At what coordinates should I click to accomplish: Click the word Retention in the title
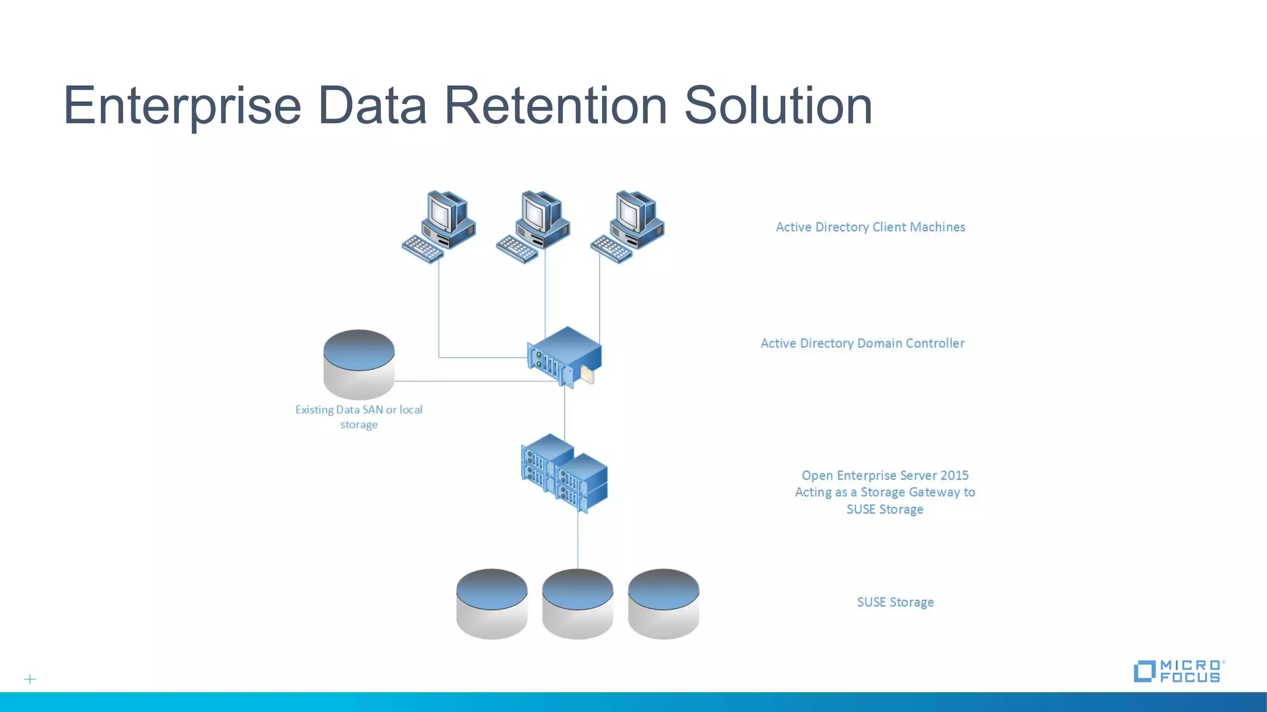[555, 106]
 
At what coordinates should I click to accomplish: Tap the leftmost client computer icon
[440, 226]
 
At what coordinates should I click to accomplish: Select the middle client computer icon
[534, 226]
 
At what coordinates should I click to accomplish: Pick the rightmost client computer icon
[628, 226]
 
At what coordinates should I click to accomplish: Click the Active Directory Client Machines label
[870, 227]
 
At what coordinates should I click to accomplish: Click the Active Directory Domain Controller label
[862, 343]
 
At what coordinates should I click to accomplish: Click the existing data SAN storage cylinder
[359, 364]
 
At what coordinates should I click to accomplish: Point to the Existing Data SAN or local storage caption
[359, 417]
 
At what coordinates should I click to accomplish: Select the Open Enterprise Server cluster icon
[564, 473]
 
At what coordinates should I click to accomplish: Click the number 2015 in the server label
[954, 475]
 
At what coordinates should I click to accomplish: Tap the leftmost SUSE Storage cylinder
[492, 603]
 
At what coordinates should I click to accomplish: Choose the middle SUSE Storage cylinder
[578, 603]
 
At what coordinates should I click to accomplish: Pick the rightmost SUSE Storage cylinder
[663, 603]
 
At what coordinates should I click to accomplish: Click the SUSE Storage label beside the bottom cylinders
[895, 602]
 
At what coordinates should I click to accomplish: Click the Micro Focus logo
[1179, 671]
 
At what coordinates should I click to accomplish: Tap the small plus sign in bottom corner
[30, 679]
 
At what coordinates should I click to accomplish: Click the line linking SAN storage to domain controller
[470, 381]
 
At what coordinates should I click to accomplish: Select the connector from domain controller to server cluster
[564, 411]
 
